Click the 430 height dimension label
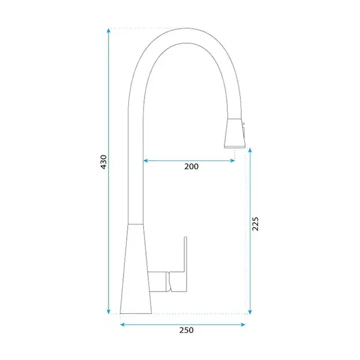104,162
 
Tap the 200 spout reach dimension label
191,166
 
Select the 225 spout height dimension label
255,224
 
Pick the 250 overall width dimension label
187,330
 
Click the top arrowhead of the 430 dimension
109,31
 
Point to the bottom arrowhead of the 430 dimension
109,311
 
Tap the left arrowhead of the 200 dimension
146,161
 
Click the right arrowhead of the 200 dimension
232,161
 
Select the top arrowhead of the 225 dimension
250,151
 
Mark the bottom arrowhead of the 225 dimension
250,311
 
